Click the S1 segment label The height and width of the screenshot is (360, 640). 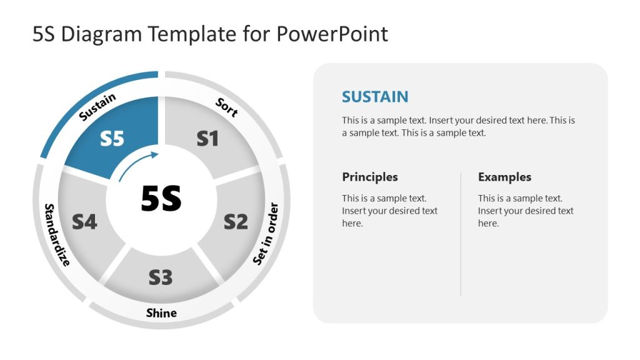coord(207,138)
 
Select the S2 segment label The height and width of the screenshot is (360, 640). coord(236,221)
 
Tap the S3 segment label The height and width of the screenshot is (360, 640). coord(161,277)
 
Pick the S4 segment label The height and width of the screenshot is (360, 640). coord(84,221)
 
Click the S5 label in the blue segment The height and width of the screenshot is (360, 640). coord(112,138)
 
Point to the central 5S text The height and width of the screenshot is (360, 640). coord(161,199)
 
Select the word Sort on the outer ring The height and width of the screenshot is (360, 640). coord(227,107)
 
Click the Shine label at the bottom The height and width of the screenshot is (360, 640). coord(161,312)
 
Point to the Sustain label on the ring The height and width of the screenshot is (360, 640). coord(97,107)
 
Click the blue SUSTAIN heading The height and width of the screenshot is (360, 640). coord(375,97)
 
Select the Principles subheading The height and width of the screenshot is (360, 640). coord(370,177)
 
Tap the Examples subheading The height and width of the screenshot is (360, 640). coord(504,177)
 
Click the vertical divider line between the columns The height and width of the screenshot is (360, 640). coord(461,234)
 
